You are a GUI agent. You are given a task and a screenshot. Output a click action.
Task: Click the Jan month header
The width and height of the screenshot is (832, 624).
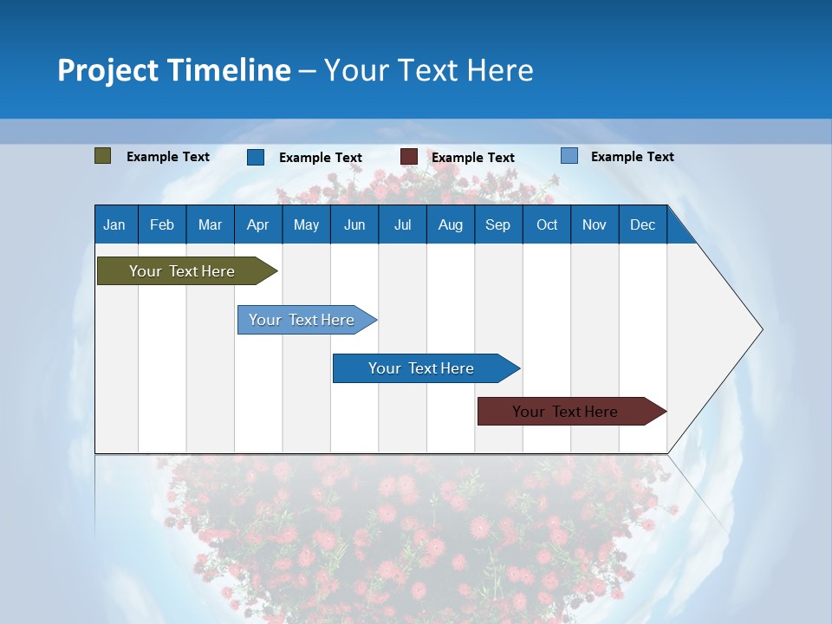(x=114, y=224)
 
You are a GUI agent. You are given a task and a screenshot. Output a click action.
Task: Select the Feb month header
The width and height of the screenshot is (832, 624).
(x=162, y=224)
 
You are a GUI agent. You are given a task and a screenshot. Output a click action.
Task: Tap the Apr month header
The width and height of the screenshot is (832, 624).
(x=257, y=224)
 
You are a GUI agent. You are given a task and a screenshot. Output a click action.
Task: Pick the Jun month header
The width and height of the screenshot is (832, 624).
(x=354, y=224)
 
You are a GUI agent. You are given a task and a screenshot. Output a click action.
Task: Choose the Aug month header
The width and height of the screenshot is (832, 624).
(x=451, y=224)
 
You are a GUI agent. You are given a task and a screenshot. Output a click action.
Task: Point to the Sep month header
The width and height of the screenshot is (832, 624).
(x=497, y=224)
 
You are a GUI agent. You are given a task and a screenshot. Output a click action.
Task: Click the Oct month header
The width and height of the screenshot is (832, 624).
(x=547, y=224)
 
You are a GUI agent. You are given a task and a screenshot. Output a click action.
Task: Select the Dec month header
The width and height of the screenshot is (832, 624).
(x=642, y=224)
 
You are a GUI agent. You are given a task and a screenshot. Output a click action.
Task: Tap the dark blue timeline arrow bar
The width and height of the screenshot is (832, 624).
(x=422, y=368)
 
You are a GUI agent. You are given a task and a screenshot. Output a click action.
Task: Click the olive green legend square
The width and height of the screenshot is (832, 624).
(x=103, y=156)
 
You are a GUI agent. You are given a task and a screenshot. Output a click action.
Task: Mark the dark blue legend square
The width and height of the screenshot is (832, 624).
(x=256, y=157)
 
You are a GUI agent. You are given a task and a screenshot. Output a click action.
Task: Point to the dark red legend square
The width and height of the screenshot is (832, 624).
(x=409, y=157)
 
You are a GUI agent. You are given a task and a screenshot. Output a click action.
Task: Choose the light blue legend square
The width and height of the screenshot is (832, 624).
(x=569, y=156)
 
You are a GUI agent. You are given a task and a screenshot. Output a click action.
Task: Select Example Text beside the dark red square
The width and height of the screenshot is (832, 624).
(x=472, y=158)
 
